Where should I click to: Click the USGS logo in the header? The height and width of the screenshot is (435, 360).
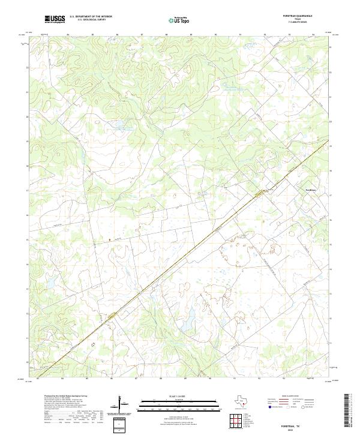[x=55, y=19]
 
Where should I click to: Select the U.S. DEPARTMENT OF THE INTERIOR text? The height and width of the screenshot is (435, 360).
[x=91, y=17]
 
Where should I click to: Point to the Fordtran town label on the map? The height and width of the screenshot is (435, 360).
[x=311, y=190]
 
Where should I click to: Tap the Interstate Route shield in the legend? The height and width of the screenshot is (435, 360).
[x=269, y=407]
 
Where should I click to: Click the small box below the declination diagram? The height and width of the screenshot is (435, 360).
[x=121, y=423]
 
